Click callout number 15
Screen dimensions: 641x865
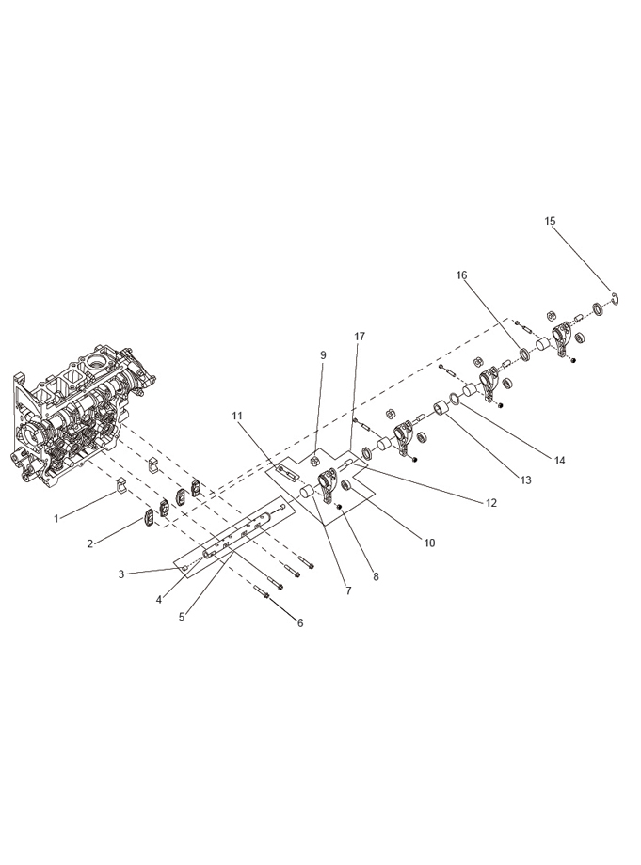(x=550, y=221)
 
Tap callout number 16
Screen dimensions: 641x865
(x=461, y=275)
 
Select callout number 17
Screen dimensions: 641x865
(x=360, y=336)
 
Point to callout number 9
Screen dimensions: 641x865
(x=323, y=354)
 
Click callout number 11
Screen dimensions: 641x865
(x=237, y=416)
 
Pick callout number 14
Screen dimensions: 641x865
(x=560, y=460)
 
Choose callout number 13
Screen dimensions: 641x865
(x=525, y=480)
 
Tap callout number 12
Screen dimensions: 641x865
(x=490, y=503)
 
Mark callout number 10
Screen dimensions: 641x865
(x=429, y=543)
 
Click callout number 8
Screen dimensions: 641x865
(x=376, y=577)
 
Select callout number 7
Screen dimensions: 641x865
(x=348, y=590)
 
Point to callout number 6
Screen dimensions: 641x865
(x=300, y=623)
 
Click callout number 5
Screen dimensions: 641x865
(x=182, y=617)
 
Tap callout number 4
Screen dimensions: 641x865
(x=159, y=600)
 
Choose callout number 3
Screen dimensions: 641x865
(x=121, y=574)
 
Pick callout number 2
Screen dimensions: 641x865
(x=90, y=543)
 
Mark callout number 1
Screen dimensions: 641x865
(x=56, y=519)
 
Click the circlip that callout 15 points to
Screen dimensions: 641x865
(x=617, y=298)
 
